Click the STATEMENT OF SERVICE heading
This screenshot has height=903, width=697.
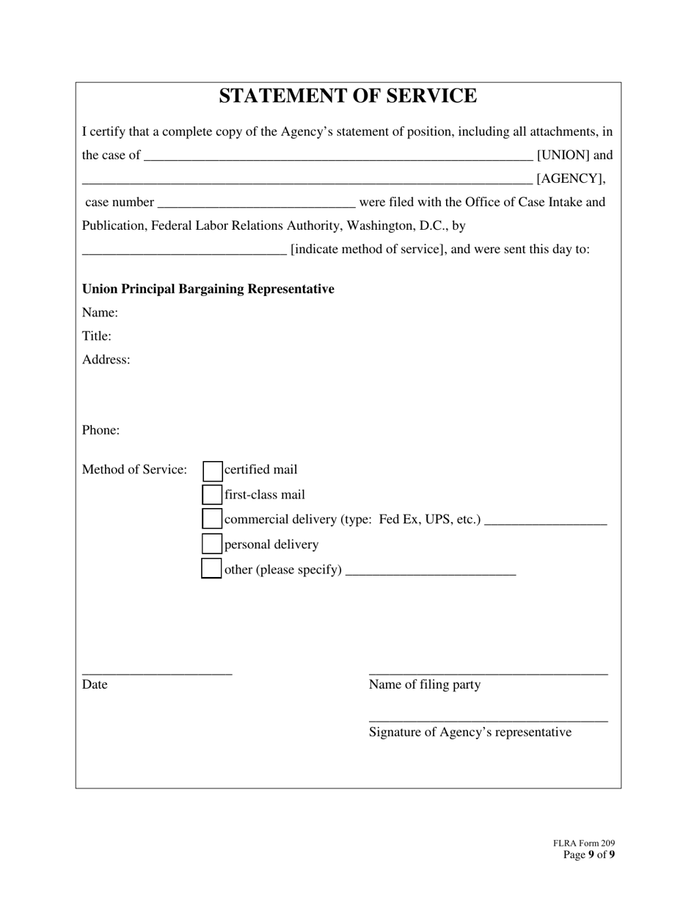coord(348,96)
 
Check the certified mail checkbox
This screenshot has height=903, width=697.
coord(212,471)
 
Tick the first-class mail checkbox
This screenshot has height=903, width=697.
coord(212,495)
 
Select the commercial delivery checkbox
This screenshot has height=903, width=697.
coord(212,519)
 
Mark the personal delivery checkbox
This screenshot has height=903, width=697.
coord(212,544)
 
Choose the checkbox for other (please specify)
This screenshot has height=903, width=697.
coord(211,569)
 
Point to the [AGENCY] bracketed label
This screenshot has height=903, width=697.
coord(571,178)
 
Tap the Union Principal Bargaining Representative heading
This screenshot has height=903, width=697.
coord(208,289)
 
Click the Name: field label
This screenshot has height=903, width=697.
coord(100,313)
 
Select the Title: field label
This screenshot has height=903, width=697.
coord(97,336)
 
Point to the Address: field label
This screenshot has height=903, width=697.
coord(106,360)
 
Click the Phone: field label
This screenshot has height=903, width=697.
coord(101,430)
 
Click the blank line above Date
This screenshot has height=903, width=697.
coord(157,672)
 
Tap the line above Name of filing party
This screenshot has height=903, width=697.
coord(488,672)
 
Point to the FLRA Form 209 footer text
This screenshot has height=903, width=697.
coord(584,844)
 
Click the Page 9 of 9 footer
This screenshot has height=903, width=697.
coord(589,855)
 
